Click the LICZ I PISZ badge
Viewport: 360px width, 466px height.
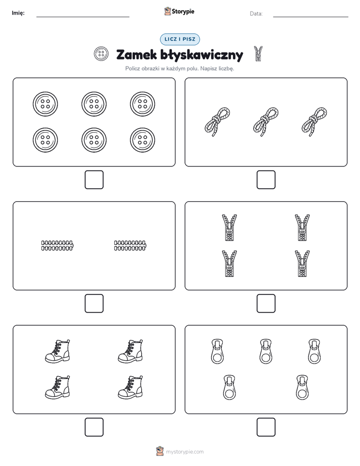pos(179,39)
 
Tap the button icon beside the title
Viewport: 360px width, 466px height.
pos(101,54)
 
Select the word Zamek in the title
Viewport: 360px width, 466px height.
pos(136,55)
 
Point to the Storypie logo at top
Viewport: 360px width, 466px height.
pos(179,11)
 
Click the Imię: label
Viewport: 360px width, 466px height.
pos(18,13)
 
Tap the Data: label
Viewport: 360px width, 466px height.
pos(256,14)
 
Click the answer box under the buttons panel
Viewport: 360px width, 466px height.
pos(94,180)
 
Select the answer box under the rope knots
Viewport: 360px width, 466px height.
pos(266,180)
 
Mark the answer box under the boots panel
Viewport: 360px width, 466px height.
pos(94,427)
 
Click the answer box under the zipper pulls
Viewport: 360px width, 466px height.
pos(266,427)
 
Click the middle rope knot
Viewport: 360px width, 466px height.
pos(266,122)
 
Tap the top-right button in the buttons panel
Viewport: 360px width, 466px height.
pos(143,104)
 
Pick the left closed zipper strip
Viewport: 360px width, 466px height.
pos(57,246)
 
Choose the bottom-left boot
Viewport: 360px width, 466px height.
pos(57,387)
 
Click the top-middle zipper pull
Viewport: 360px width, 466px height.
pos(266,352)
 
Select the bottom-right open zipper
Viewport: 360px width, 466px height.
pos(302,264)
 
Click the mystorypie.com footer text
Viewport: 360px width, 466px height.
pos(185,452)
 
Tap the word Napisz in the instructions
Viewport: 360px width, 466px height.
pos(209,69)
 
